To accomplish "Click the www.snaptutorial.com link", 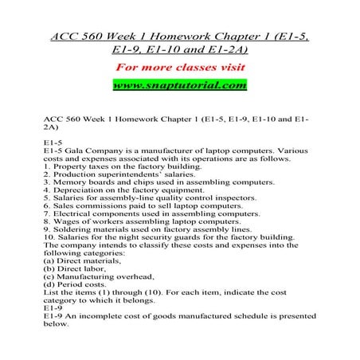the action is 179,84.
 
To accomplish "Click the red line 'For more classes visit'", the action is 179,66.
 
